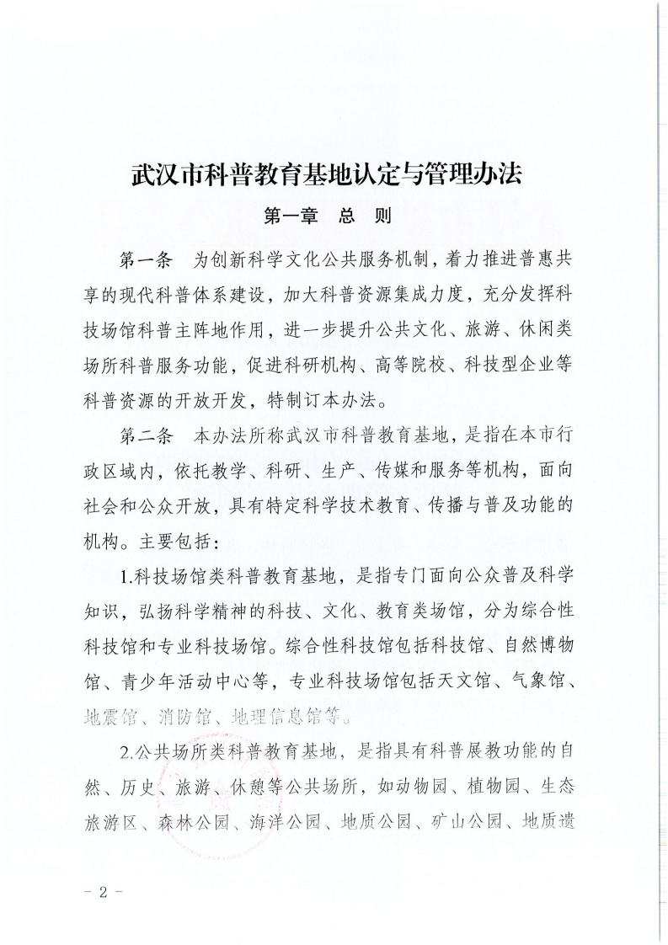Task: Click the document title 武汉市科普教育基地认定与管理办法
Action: [328, 175]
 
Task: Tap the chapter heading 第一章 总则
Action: [328, 216]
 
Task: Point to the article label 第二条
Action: [146, 437]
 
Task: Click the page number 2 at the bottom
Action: [109, 891]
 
